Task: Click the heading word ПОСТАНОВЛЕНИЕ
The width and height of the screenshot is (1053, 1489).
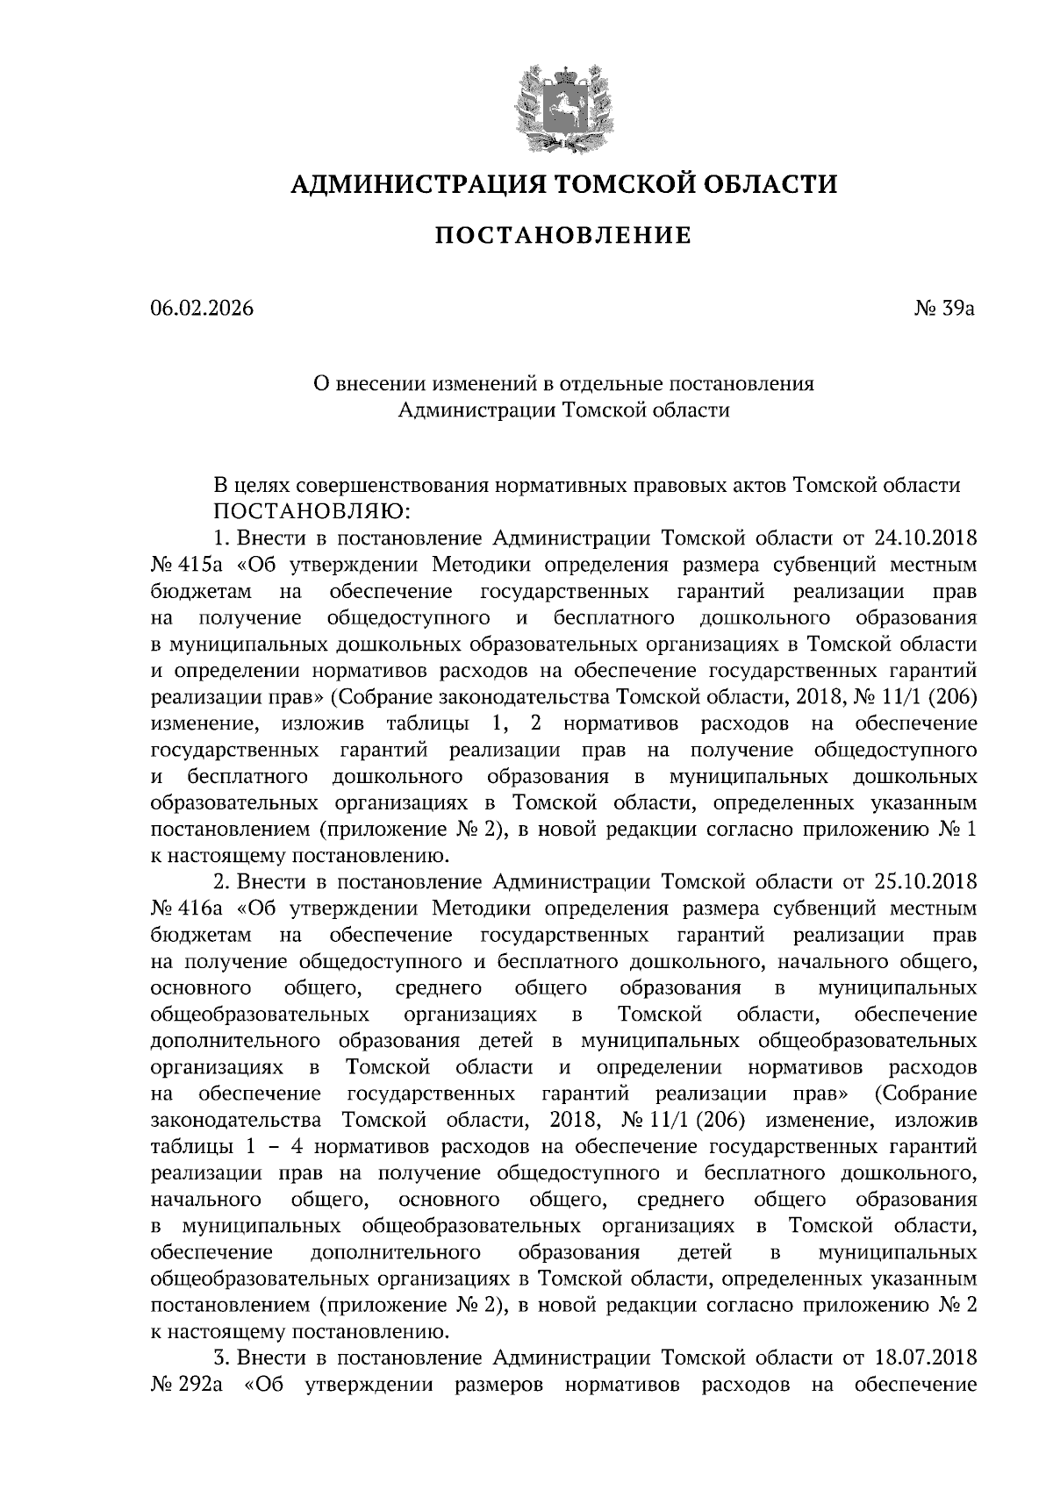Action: [x=562, y=235]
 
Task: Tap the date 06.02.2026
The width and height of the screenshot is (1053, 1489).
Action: [x=201, y=309]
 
